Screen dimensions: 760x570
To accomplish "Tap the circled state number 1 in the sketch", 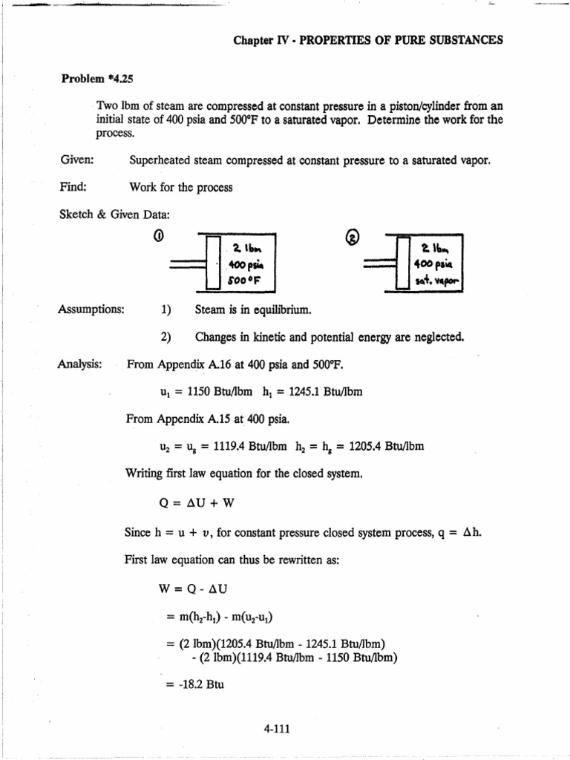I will (x=158, y=237).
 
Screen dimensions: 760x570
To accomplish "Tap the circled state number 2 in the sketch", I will (x=353, y=237).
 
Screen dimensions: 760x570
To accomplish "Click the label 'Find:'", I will (x=73, y=187).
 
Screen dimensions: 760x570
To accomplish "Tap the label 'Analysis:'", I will (x=81, y=364).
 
